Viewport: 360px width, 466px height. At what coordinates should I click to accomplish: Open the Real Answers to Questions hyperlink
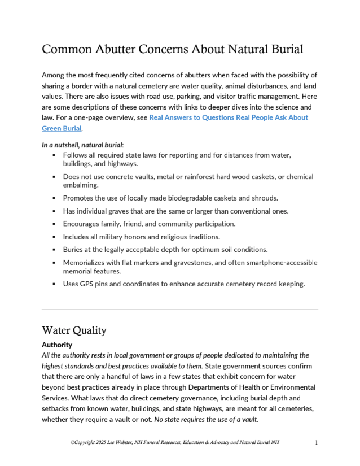coord(229,117)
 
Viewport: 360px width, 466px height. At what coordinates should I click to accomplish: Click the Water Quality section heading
coord(74,330)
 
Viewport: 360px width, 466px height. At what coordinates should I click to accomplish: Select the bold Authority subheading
coord(57,344)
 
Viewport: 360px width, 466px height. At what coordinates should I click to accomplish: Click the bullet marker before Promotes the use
coord(54,198)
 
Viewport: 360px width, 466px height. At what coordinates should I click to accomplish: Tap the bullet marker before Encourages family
coord(54,224)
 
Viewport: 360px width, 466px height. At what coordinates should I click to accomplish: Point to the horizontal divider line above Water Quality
coord(179,310)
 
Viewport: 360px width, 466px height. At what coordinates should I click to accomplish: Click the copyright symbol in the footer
coord(73,442)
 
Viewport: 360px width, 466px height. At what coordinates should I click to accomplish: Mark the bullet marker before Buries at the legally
coord(54,249)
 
